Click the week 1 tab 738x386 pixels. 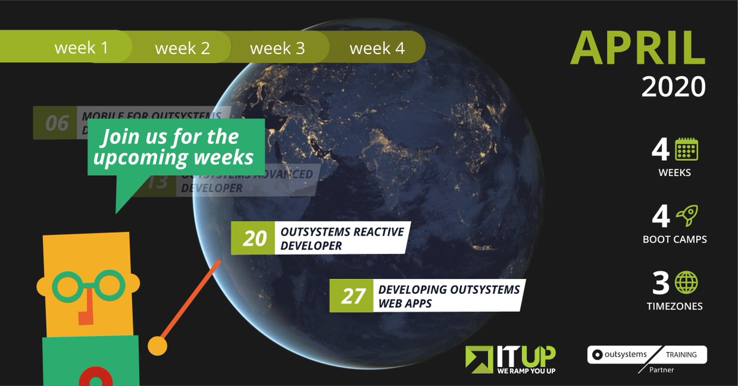pyautogui.click(x=81, y=48)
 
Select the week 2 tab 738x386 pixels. pyautogui.click(x=182, y=48)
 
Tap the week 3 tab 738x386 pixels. pyautogui.click(x=277, y=48)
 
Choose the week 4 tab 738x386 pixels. pyautogui.click(x=377, y=48)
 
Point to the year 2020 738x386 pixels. pyautogui.click(x=673, y=87)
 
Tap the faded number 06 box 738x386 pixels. pyautogui.click(x=57, y=123)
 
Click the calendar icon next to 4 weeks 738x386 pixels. pyautogui.click(x=687, y=149)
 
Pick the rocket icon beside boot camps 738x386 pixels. pyautogui.click(x=686, y=216)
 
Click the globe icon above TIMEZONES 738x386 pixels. pyautogui.click(x=687, y=282)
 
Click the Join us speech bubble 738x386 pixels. pyautogui.click(x=177, y=148)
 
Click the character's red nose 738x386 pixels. pyautogui.click(x=84, y=310)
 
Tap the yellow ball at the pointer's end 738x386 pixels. pyautogui.click(x=158, y=346)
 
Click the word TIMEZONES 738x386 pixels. pyautogui.click(x=674, y=305)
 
